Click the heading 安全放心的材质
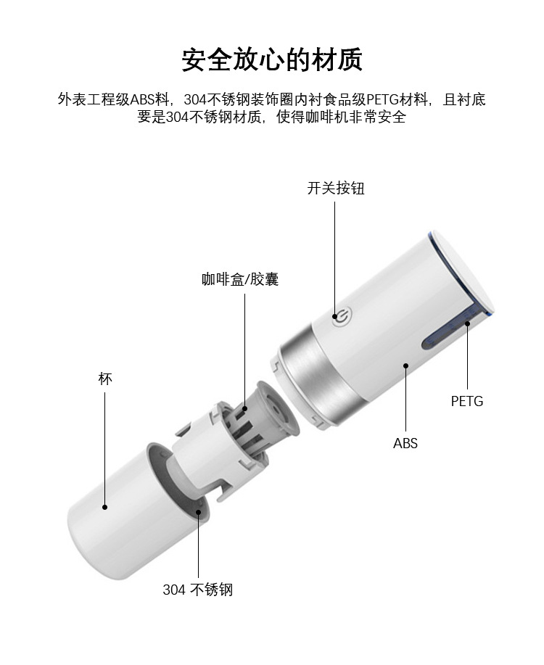point(272,59)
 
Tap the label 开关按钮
point(336,188)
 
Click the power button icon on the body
point(342,317)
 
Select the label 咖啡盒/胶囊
point(240,279)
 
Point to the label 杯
point(105,379)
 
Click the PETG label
point(467,401)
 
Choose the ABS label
point(405,443)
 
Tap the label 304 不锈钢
point(198,589)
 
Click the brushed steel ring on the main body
point(316,376)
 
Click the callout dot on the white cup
point(105,507)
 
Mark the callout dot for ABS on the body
point(405,365)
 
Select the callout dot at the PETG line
point(467,323)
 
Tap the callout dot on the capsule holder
point(245,409)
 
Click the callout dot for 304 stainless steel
point(198,512)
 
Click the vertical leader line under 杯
point(105,448)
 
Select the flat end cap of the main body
point(463,272)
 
